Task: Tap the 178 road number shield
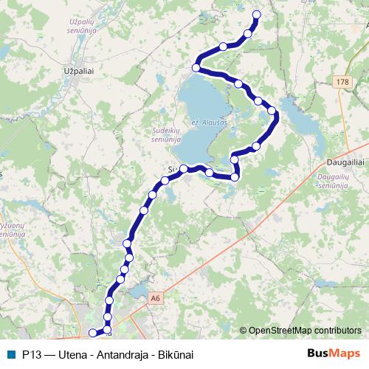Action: [341, 82]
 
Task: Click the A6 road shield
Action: [154, 298]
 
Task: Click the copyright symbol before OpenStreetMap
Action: [243, 331]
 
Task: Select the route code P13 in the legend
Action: [31, 354]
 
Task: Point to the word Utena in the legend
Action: [72, 354]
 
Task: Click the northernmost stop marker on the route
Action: [257, 14]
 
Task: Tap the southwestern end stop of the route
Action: [93, 333]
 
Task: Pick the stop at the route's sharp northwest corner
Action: [196, 68]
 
